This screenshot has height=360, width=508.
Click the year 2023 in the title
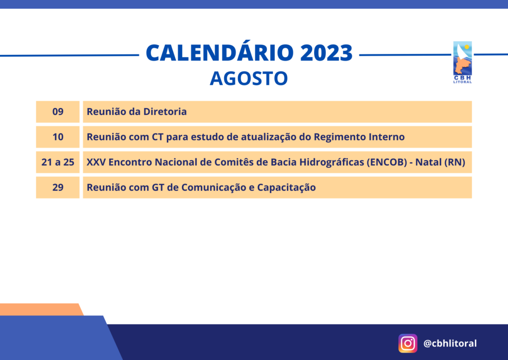pyautogui.click(x=326, y=53)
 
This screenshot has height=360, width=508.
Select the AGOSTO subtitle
pyautogui.click(x=249, y=78)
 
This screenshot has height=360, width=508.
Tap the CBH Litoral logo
pyautogui.click(x=462, y=62)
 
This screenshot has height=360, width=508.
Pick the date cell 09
pyautogui.click(x=58, y=112)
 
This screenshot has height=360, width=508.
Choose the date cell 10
pyautogui.click(x=58, y=137)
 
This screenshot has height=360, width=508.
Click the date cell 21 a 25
pyautogui.click(x=58, y=162)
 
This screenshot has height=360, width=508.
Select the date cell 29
pyautogui.click(x=58, y=187)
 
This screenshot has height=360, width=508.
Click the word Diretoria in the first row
pyautogui.click(x=165, y=112)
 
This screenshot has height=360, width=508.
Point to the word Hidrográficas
pyautogui.click(x=331, y=163)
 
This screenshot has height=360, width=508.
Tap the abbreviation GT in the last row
pyautogui.click(x=158, y=187)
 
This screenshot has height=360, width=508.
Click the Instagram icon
pyautogui.click(x=408, y=343)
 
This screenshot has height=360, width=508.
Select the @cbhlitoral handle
pyautogui.click(x=450, y=343)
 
